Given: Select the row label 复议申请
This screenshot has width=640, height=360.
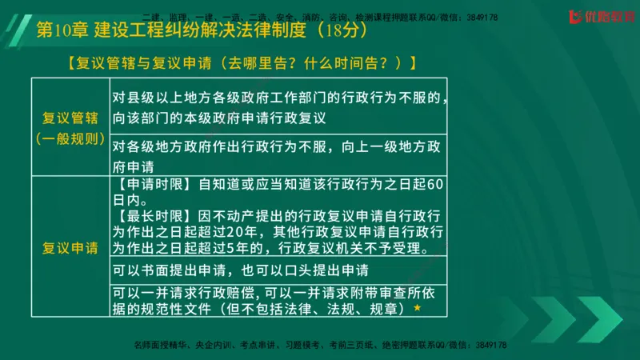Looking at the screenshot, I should click(x=70, y=246).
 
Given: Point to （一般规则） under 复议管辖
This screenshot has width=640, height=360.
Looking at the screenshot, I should click(x=70, y=138).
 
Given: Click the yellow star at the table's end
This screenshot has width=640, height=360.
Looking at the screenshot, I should click(x=417, y=307).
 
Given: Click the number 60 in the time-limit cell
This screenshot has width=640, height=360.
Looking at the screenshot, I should click(x=434, y=182).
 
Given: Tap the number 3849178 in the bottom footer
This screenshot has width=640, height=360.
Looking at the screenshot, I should click(x=487, y=345).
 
